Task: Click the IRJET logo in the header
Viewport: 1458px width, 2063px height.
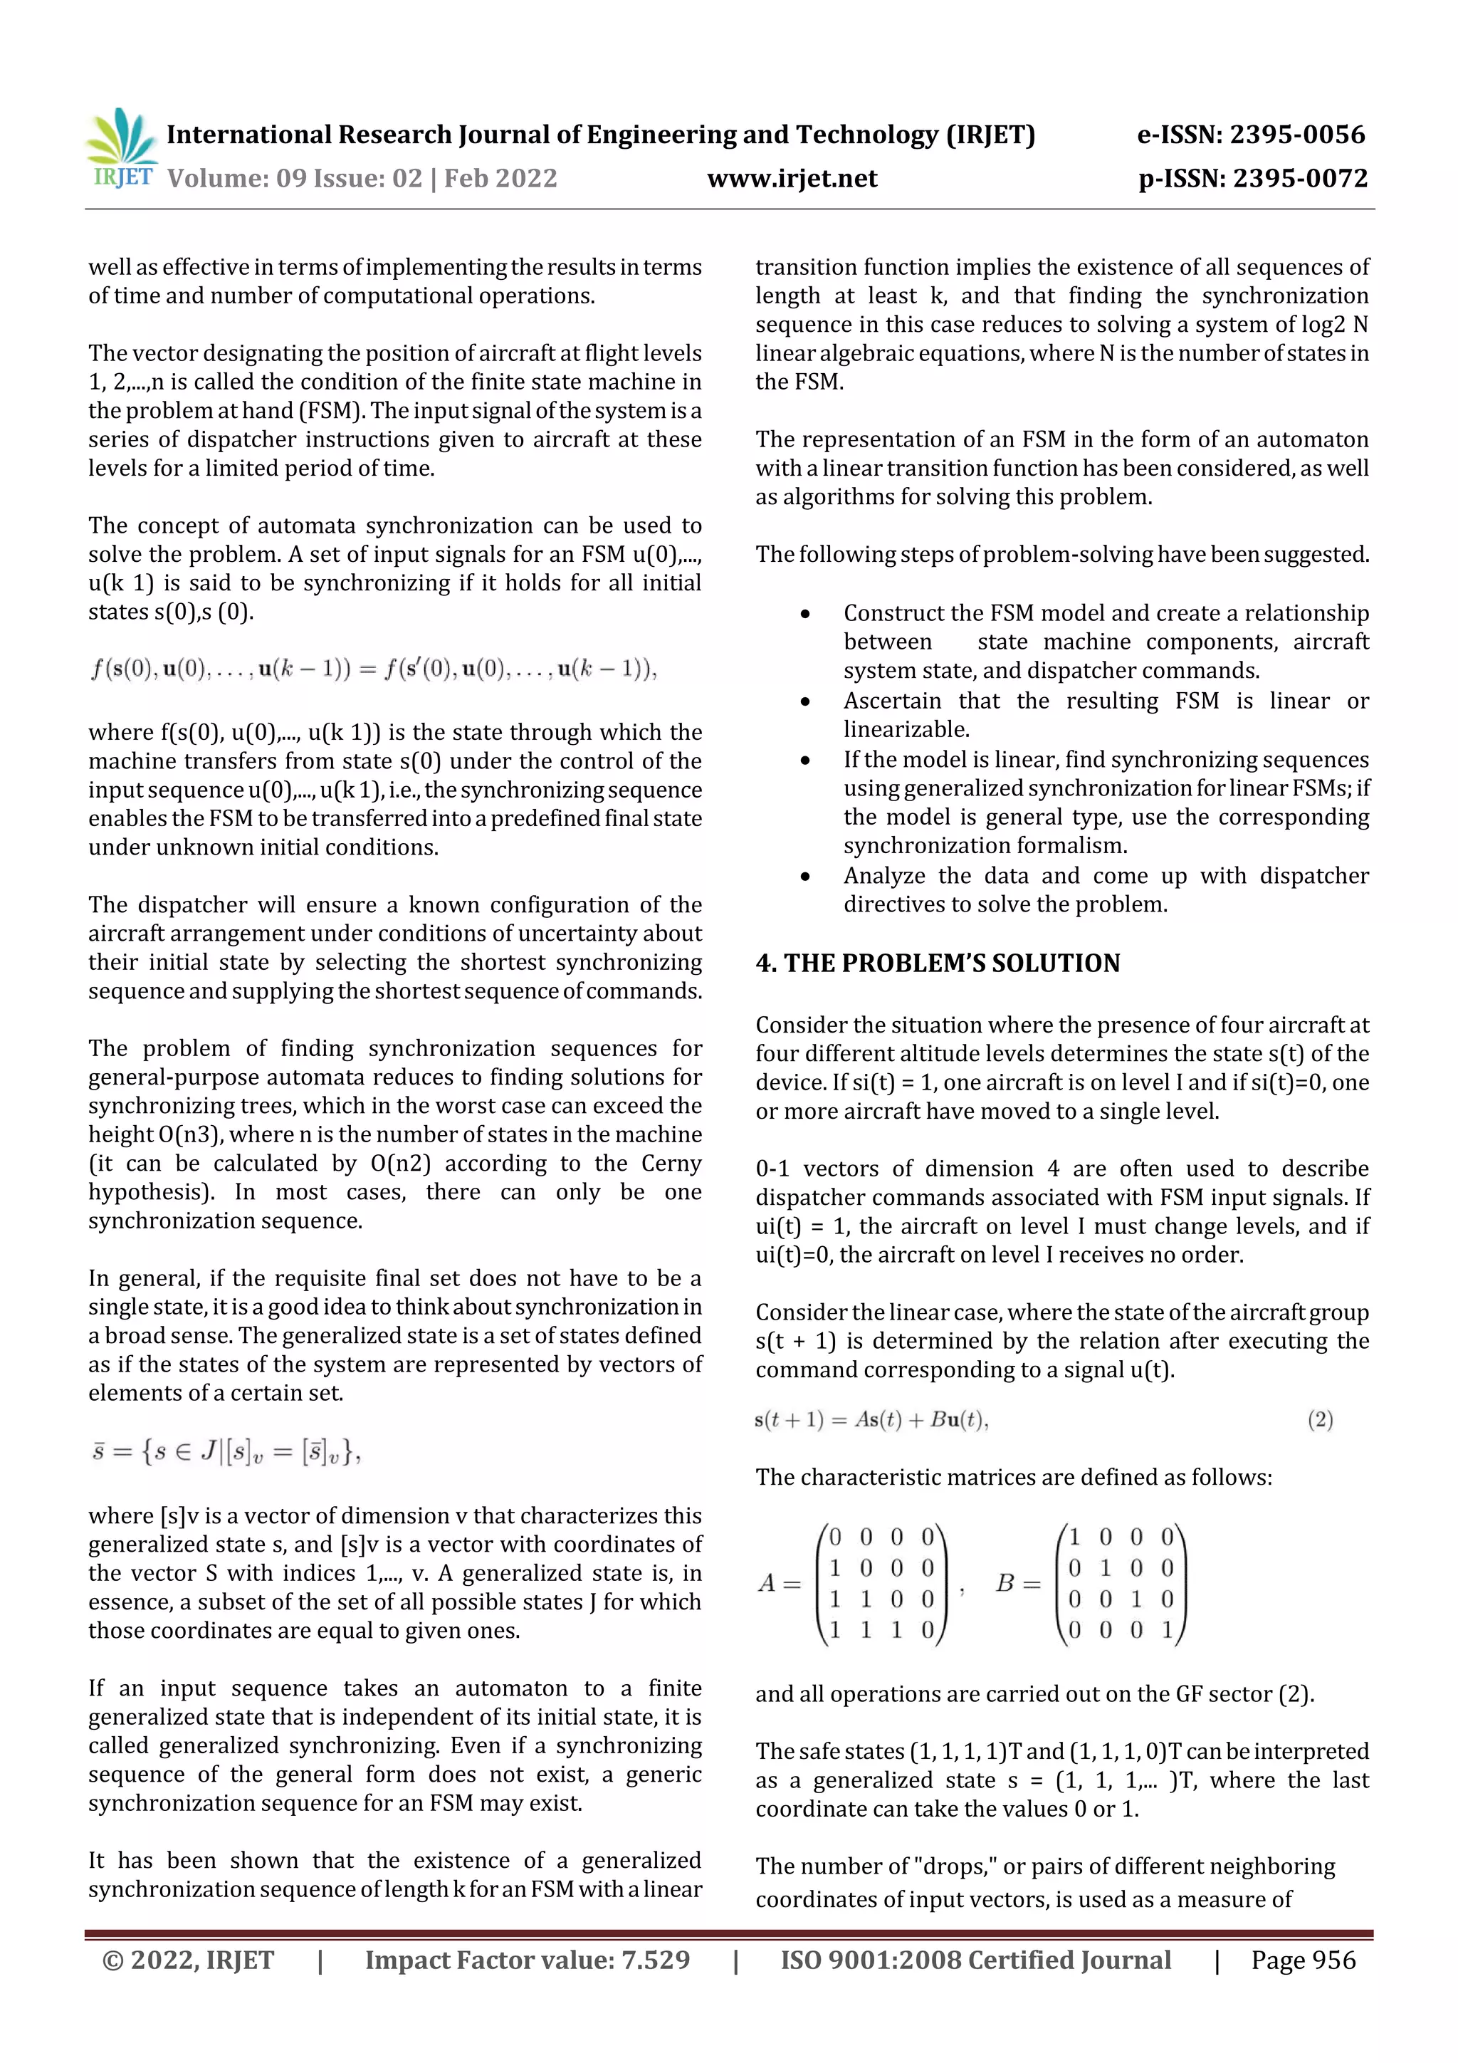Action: (123, 148)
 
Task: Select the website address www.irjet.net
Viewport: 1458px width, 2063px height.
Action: (792, 179)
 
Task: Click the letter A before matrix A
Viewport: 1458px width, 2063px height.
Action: (766, 1583)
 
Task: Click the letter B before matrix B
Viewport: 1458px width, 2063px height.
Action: (1005, 1583)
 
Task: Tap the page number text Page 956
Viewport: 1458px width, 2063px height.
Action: (1303, 1960)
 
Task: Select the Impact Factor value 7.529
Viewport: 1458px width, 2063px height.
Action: (658, 1960)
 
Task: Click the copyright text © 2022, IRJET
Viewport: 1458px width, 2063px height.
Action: (188, 1960)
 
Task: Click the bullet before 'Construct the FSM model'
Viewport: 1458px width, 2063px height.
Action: (805, 615)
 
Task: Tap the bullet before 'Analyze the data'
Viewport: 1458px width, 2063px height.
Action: (805, 877)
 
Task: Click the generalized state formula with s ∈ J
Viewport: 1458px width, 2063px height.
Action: (226, 1452)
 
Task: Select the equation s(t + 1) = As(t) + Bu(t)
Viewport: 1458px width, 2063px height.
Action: (871, 1420)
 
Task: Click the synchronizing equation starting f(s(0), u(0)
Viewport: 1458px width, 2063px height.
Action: (373, 669)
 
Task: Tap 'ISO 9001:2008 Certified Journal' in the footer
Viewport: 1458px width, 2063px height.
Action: (975, 1960)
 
